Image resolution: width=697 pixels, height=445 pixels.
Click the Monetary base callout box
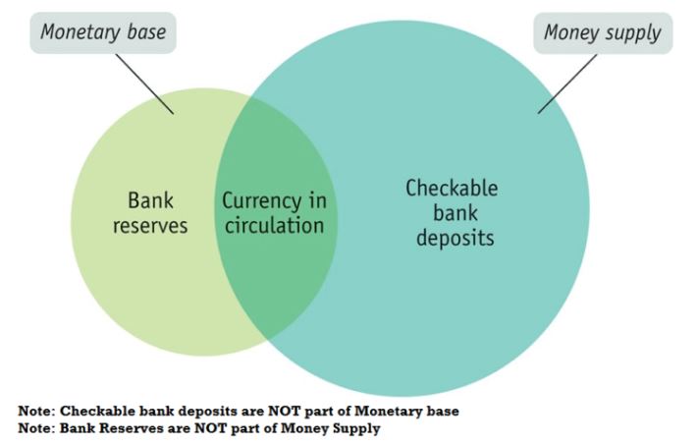point(103,34)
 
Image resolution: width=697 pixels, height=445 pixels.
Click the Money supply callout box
point(603,34)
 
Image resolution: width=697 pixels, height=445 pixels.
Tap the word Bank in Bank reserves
point(150,201)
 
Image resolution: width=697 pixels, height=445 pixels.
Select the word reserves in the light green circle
point(150,225)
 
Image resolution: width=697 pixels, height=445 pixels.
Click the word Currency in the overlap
point(260,201)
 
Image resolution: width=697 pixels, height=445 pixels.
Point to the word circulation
point(273,225)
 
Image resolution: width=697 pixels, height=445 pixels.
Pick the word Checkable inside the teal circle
point(452,188)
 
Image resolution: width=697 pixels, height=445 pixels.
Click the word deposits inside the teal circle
point(452,237)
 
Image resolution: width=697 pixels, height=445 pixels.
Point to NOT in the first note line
point(272,411)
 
